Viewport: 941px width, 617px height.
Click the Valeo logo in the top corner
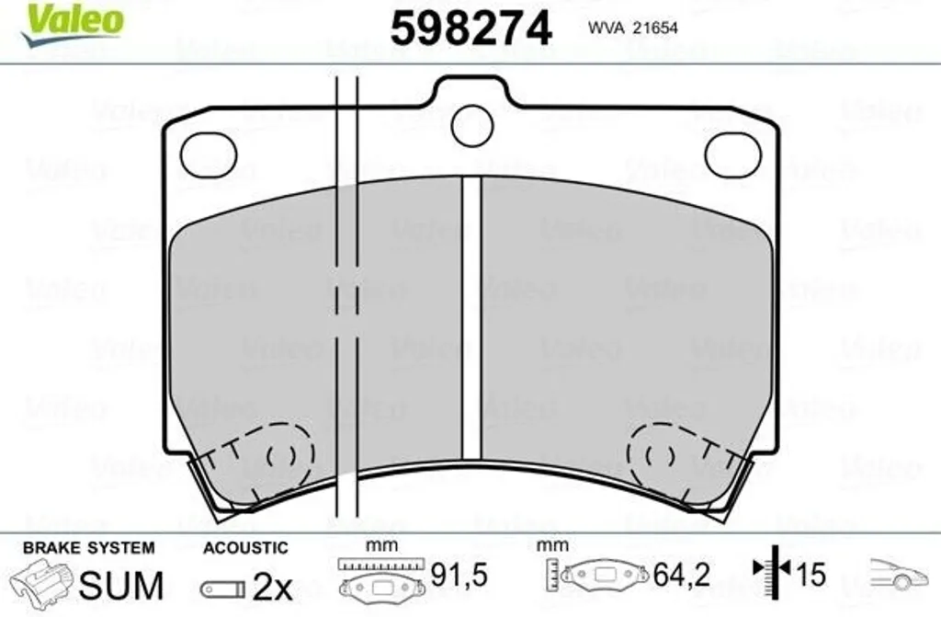tap(72, 23)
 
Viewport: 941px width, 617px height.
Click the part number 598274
tap(470, 29)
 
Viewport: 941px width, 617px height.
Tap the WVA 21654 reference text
tap(632, 28)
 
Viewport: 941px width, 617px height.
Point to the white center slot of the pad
tap(471, 319)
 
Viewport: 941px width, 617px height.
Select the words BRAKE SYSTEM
tap(89, 548)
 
